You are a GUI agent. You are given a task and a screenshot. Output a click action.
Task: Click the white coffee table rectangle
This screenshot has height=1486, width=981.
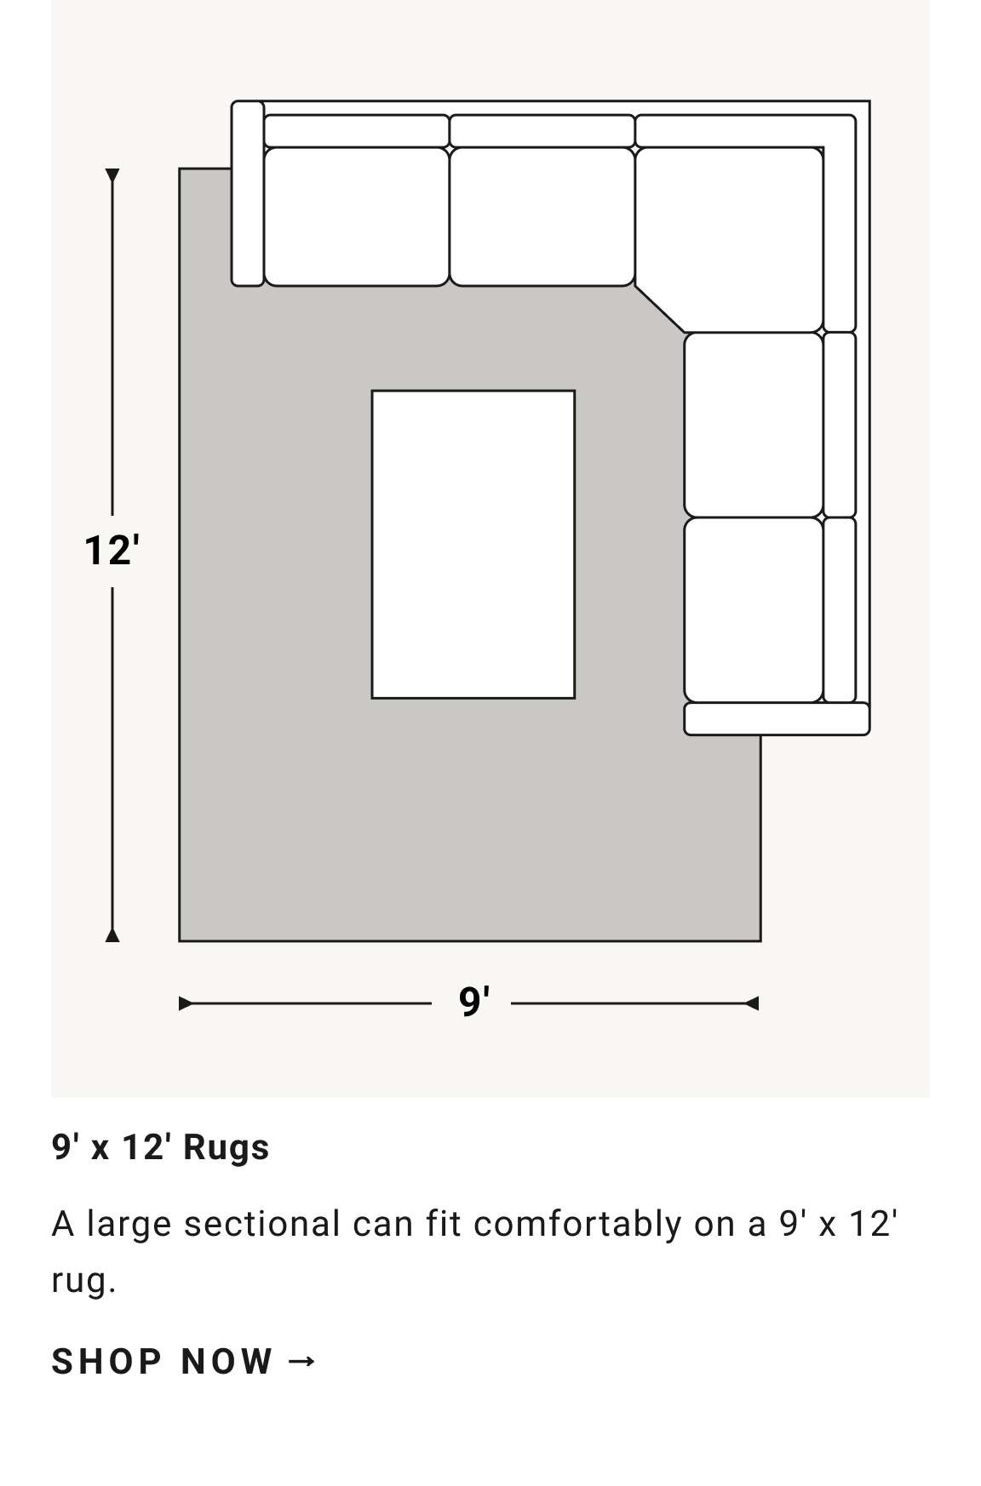pos(473,545)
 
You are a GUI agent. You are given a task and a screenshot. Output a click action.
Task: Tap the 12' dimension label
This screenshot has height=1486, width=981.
pos(112,550)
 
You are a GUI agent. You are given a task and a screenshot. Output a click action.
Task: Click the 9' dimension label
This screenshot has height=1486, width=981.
pos(474,1002)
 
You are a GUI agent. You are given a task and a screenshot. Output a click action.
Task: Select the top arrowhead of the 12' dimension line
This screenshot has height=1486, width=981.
pos(112,175)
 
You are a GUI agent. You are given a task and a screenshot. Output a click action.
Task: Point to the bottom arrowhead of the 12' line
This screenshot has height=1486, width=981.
pos(112,935)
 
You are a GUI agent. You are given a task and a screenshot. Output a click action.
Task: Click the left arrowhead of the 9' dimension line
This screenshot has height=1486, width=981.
pos(186,1004)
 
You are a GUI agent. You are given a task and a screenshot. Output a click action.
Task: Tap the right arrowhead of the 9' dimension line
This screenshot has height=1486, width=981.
pos(752,1004)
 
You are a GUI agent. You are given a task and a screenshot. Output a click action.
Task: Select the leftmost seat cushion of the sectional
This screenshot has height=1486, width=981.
pos(356,217)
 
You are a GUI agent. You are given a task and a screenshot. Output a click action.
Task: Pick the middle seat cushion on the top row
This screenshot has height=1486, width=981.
pos(542,217)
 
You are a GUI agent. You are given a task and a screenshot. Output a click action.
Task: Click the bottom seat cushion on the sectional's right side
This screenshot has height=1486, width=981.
pos(754,610)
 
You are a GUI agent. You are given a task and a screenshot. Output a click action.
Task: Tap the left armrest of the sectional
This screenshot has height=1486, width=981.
pos(248,193)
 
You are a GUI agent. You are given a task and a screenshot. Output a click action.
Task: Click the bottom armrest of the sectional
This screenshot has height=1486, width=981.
pos(777,718)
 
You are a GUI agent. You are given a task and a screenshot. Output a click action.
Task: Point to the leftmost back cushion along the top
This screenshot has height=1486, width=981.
pos(356,131)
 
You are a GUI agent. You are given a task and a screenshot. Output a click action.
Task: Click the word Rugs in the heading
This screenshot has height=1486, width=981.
pos(227,1147)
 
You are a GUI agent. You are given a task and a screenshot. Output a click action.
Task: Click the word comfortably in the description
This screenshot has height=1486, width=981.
pos(578,1225)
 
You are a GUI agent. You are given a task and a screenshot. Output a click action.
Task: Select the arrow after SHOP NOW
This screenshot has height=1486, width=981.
pos(302,1362)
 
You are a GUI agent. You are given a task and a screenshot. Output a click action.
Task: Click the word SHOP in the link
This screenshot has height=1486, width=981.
pos(106,1362)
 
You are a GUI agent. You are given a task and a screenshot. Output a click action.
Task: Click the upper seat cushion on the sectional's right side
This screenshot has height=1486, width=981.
pos(754,425)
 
